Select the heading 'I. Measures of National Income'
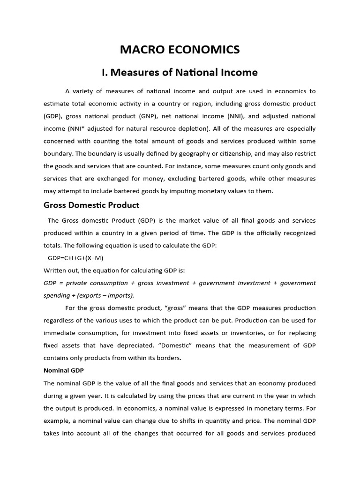click(180, 73)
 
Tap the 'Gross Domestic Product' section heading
click(91, 205)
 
